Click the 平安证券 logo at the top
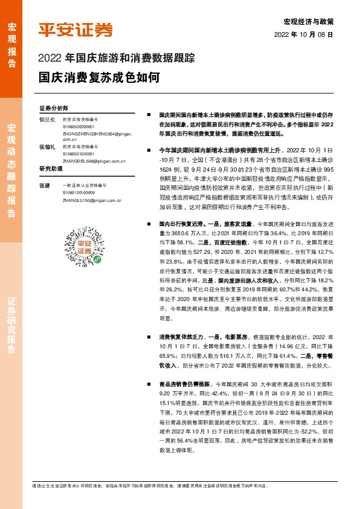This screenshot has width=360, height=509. [76, 30]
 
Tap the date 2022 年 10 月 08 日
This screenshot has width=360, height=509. [304, 34]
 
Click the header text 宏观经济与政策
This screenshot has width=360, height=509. [313, 21]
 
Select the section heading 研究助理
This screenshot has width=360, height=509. [51, 168]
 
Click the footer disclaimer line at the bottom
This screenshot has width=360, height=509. [151, 485]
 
